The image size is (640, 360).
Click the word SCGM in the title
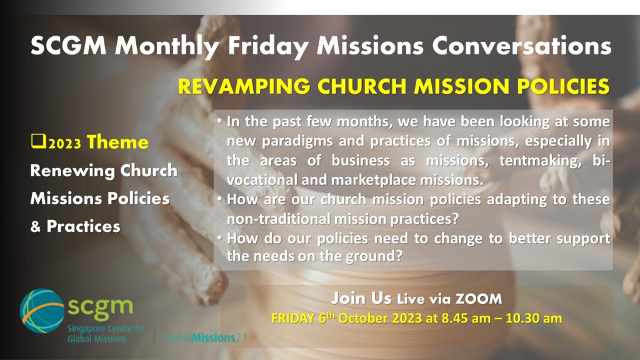(x=68, y=44)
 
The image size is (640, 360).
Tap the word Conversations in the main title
(x=522, y=44)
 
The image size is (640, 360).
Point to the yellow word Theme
(x=117, y=142)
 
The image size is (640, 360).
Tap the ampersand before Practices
(x=36, y=226)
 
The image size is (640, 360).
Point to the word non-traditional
(x=278, y=219)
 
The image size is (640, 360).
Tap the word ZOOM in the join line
(x=478, y=299)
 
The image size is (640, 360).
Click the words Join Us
(x=361, y=298)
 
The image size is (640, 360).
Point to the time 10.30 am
(x=534, y=318)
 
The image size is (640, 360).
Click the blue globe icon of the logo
(x=42, y=311)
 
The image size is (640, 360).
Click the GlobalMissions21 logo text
(x=204, y=337)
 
